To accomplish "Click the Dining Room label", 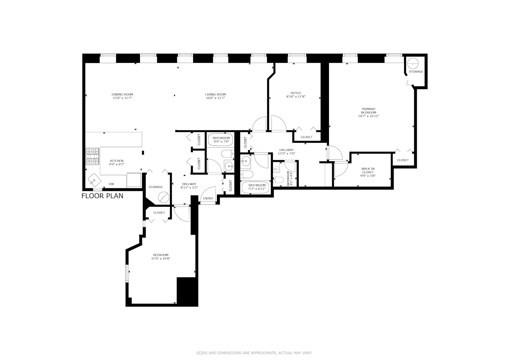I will click(122, 94).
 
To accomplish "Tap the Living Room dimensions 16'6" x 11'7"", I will click(215, 98).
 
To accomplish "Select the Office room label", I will click(296, 93).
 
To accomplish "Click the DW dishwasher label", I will click(111, 184).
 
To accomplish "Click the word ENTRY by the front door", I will click(208, 198).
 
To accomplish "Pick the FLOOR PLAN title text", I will click(102, 196).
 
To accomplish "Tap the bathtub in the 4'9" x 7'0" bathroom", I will click(221, 140).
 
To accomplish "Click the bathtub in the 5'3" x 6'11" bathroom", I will click(257, 187).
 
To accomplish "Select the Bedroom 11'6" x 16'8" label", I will click(161, 257).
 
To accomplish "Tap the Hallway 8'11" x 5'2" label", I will click(189, 186).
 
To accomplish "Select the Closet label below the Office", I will click(306, 137).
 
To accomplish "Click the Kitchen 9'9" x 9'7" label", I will click(116, 163).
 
